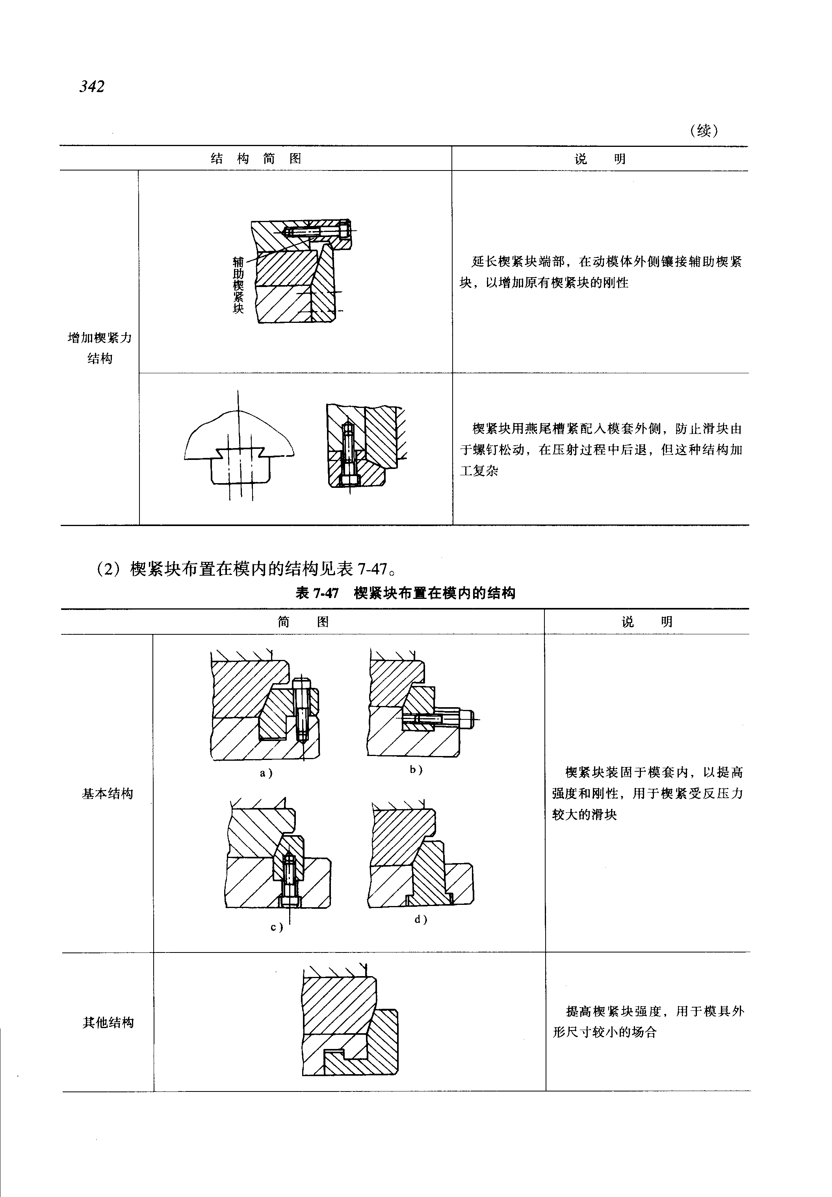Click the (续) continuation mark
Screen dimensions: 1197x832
[x=703, y=130]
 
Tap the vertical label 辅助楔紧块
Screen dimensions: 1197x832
[x=238, y=285]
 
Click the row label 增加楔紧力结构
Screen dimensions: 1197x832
[x=100, y=348]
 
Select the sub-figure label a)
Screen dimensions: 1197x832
[x=266, y=773]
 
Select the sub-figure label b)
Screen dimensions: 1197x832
[x=416, y=769]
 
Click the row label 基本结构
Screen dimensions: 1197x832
[x=108, y=794]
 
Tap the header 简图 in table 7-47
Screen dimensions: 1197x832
[x=303, y=622]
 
